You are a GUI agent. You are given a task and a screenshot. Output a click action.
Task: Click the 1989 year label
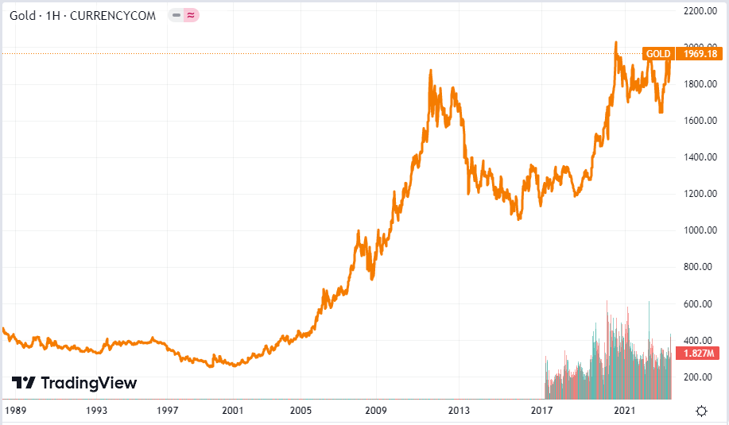[15, 411]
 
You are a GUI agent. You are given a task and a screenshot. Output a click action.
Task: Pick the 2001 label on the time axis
[232, 411]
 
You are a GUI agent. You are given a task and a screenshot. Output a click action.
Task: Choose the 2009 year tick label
[375, 411]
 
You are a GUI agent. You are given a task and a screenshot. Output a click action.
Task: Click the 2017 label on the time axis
[542, 411]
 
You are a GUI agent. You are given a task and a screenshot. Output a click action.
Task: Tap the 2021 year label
[626, 411]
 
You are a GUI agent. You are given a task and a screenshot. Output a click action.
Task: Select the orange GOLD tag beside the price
[658, 54]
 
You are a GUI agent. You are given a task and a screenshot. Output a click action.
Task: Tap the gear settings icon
[701, 411]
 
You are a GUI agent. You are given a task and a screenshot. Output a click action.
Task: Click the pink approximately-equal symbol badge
[191, 15]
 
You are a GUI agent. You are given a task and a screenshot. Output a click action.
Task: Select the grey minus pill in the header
[176, 15]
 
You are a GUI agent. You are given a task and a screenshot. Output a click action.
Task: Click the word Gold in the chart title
[22, 15]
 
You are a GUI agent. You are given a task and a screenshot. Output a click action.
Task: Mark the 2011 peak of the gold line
[430, 71]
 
